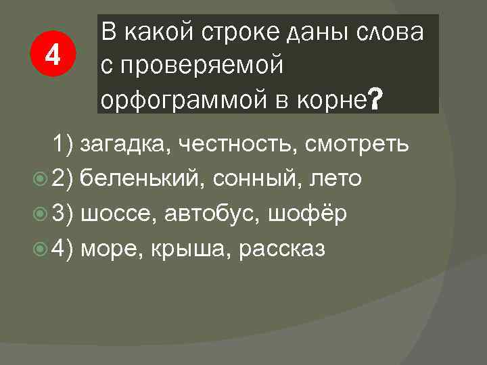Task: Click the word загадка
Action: (122, 144)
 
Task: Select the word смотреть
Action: (356, 144)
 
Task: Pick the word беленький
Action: (134, 179)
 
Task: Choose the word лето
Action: (335, 179)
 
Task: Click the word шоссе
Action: (114, 214)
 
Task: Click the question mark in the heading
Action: (376, 101)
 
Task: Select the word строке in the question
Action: (239, 32)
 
